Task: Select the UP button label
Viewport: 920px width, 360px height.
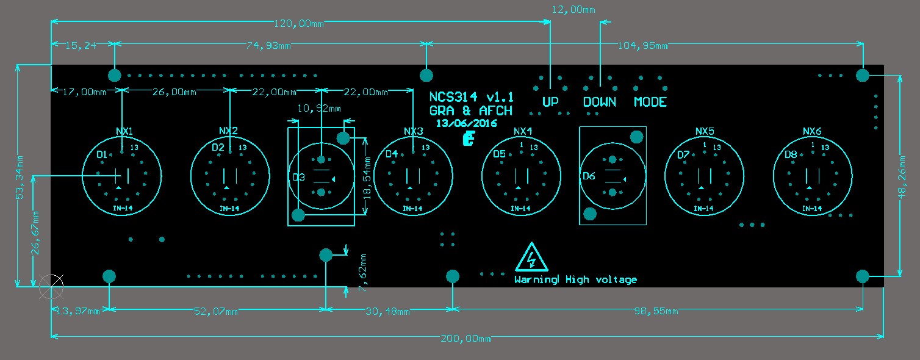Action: tap(550, 102)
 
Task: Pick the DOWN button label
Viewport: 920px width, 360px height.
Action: tap(599, 102)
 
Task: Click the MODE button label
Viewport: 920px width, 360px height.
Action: tap(650, 102)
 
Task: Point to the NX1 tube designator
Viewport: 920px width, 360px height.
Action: tap(124, 131)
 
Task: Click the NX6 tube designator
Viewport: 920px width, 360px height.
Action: tap(812, 131)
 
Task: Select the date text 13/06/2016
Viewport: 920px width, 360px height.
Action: tap(466, 123)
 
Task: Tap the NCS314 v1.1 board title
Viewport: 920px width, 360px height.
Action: tap(471, 98)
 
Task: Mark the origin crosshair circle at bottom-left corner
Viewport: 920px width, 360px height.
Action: tap(51, 286)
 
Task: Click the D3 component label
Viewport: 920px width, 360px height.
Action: tap(299, 178)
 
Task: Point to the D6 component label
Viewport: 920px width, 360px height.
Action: tap(589, 176)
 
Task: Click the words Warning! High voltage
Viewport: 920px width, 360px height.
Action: tap(575, 280)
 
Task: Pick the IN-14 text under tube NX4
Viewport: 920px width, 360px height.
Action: tap(520, 209)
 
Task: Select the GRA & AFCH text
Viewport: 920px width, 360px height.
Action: tap(470, 111)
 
